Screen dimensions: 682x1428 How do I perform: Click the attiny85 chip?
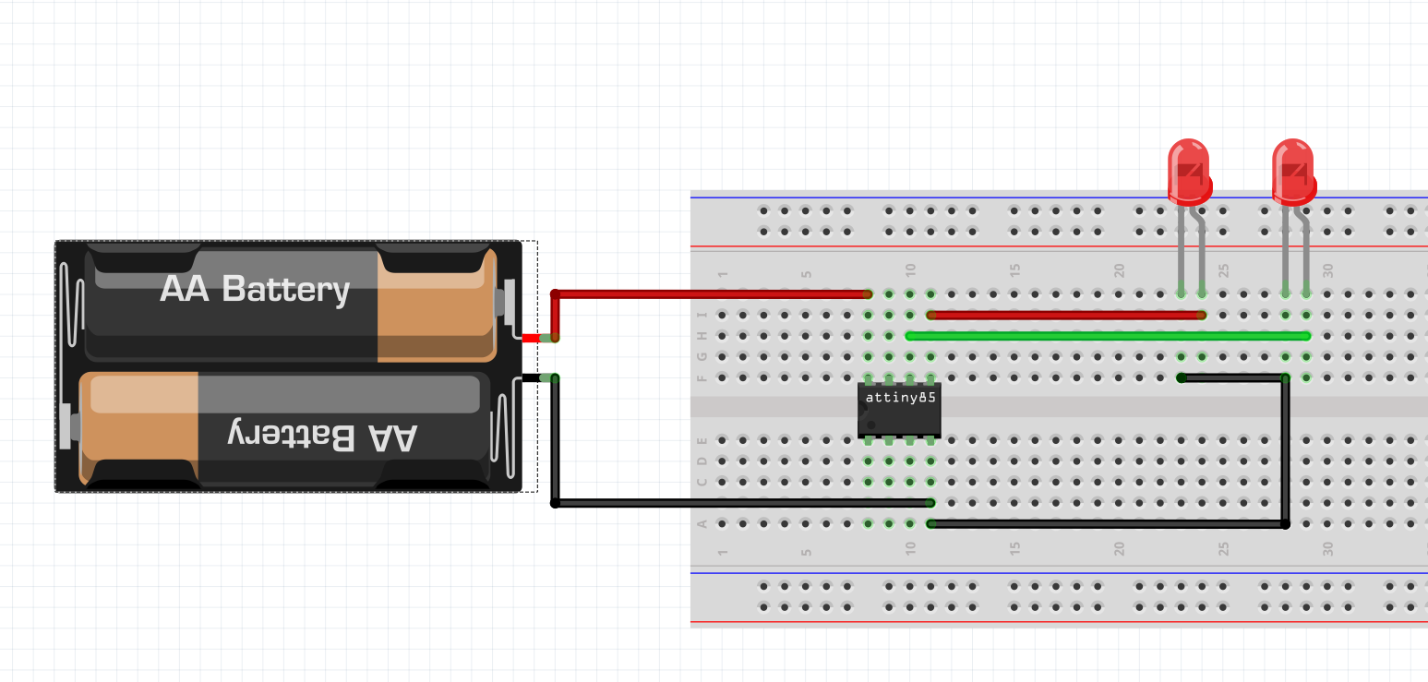pyautogui.click(x=898, y=410)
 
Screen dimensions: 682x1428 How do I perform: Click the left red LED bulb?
pyautogui.click(x=1189, y=172)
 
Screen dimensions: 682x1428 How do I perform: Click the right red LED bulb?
pyautogui.click(x=1292, y=172)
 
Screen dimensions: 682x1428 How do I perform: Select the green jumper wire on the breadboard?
pyautogui.click(x=1108, y=336)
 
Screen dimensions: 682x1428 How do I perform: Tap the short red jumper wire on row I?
pyautogui.click(x=1066, y=315)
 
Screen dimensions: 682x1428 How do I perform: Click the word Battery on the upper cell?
pyautogui.click(x=286, y=289)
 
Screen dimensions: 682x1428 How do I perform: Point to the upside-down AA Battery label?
pyautogui.click(x=323, y=436)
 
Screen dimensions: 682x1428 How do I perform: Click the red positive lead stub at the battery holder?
pyautogui.click(x=531, y=338)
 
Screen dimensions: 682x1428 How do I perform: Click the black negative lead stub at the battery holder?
pyautogui.click(x=531, y=377)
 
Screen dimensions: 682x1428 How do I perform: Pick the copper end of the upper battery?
pyautogui.click(x=434, y=305)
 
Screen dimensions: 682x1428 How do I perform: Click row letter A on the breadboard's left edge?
pyautogui.click(x=702, y=524)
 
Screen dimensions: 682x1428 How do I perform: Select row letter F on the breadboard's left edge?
pyautogui.click(x=702, y=377)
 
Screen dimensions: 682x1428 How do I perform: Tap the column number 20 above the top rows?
pyautogui.click(x=1120, y=271)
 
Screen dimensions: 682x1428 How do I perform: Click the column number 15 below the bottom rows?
pyautogui.click(x=1015, y=548)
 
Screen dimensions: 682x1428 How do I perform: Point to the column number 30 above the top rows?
pyautogui.click(x=1328, y=271)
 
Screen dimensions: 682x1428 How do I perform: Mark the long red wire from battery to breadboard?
pyautogui.click(x=711, y=294)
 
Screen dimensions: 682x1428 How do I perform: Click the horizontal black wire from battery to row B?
pyautogui.click(x=738, y=503)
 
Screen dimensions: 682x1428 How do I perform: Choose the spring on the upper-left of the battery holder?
pyautogui.click(x=66, y=305)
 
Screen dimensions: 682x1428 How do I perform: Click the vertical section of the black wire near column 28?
pyautogui.click(x=1285, y=452)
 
